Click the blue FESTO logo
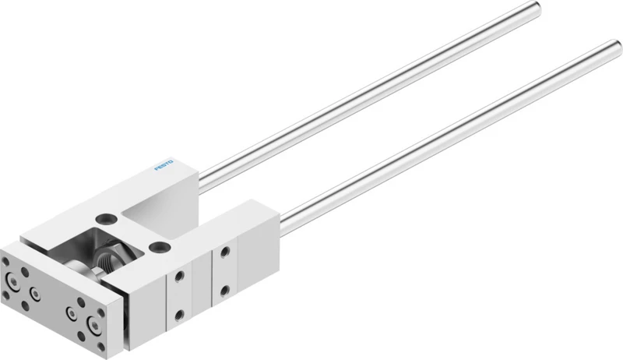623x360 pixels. [164, 165]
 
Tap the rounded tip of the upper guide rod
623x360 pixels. [537, 7]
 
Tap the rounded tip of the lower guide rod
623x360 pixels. [616, 46]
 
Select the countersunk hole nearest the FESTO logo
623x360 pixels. [107, 218]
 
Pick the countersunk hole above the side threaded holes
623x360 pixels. [161, 247]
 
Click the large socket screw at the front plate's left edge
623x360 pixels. [12, 282]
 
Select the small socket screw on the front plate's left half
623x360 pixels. [35, 294]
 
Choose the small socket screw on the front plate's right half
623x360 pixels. [72, 313]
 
